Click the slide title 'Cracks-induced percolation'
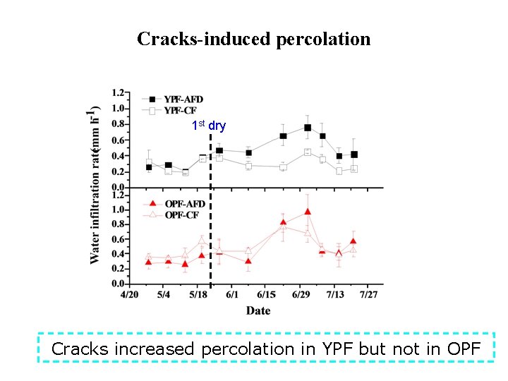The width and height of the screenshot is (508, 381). point(253,39)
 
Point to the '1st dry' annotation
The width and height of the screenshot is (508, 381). point(209,126)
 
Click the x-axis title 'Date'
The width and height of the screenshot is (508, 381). point(258,310)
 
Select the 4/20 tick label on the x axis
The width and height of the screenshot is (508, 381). point(129,294)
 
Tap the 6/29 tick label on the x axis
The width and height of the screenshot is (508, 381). point(301,294)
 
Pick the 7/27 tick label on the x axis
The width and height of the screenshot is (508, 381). point(369,294)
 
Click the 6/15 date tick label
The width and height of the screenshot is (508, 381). point(266,294)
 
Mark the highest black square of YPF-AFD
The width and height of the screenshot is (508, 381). point(308,128)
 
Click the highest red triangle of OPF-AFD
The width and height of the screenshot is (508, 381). point(308,212)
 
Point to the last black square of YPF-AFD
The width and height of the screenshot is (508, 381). point(354,155)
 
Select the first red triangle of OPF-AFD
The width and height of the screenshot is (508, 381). point(148,262)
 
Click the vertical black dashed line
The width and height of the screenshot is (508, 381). point(211,212)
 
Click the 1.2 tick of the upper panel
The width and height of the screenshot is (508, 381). point(118,92)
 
